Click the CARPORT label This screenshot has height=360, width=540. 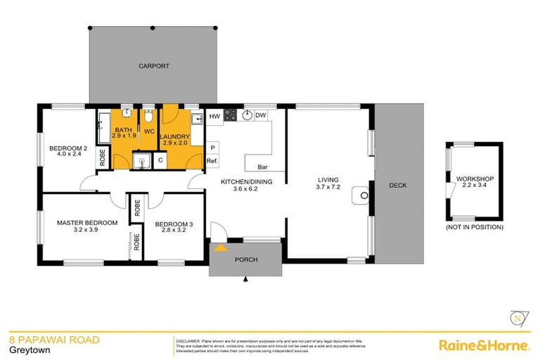153,65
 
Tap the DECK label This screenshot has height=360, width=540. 398,186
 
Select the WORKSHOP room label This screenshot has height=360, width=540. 475,179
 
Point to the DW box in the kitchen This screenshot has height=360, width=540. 260,116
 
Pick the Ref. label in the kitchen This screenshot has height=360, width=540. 212,162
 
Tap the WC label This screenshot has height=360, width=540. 149,131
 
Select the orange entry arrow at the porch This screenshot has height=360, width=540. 221,247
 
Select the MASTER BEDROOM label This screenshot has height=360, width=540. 85,223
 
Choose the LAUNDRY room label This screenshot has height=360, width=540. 174,136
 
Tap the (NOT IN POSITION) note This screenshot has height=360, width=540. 475,227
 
